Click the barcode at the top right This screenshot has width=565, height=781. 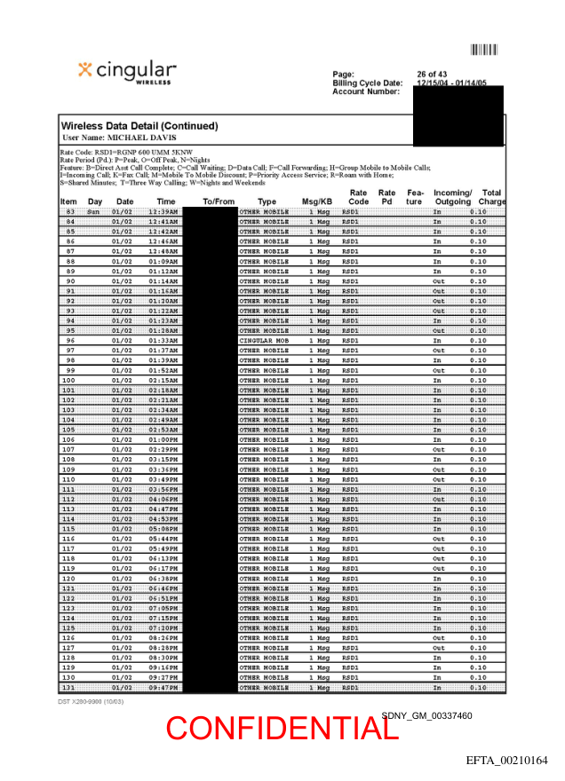[483, 51]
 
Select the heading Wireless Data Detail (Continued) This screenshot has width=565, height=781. [139, 126]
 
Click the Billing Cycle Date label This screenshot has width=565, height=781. [367, 83]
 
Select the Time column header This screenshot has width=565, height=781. [166, 202]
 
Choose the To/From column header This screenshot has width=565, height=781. [219, 202]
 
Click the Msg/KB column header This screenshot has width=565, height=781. [316, 202]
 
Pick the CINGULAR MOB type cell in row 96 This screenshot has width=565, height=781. [264, 341]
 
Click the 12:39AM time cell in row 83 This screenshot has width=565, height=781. [163, 212]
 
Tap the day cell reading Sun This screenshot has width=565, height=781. [93, 212]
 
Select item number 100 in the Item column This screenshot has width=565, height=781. [68, 381]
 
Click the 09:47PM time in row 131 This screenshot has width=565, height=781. [163, 688]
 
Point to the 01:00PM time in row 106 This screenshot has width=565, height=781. [163, 440]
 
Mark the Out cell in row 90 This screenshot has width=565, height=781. [438, 281]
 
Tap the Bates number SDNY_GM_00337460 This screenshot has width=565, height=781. [426, 715]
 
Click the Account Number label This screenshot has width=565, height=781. [366, 91]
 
